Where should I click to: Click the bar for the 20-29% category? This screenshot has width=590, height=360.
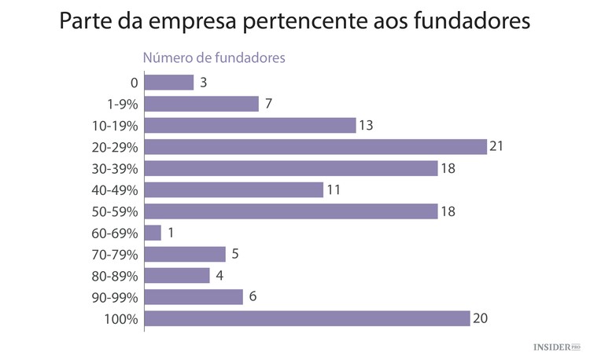315,147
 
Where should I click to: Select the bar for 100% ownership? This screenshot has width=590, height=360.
308,318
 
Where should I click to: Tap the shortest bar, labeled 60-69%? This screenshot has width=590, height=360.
153,233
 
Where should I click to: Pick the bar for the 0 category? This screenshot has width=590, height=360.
169,83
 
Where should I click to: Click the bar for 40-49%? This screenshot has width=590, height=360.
234,189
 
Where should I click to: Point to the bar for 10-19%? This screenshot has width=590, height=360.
250,126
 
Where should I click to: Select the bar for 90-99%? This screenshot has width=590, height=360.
194,297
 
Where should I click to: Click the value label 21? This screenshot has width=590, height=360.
496,147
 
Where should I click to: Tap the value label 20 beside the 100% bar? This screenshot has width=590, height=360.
480,318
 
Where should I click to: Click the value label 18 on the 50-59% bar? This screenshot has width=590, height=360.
447,211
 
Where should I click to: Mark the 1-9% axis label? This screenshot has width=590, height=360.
123,105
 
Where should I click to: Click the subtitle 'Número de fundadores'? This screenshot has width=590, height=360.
212,57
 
